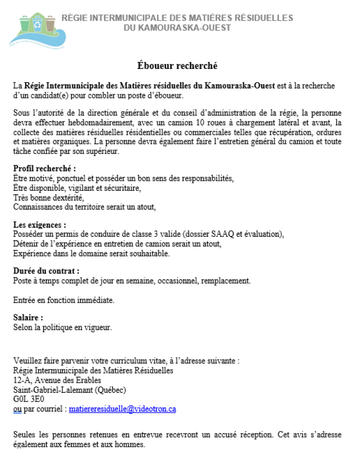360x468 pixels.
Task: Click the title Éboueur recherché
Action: point(177,65)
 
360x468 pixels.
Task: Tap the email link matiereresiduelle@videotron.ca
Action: point(122,409)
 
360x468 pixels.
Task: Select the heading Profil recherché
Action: point(44,168)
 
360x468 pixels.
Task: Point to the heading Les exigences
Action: point(39,225)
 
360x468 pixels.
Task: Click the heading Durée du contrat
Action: point(46,271)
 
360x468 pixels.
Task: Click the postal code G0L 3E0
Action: point(28,399)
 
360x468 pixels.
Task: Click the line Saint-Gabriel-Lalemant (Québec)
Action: point(69,390)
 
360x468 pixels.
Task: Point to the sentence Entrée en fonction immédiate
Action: point(63,300)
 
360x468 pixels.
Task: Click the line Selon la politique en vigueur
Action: point(62,328)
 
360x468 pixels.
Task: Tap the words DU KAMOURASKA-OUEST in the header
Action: point(177,27)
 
